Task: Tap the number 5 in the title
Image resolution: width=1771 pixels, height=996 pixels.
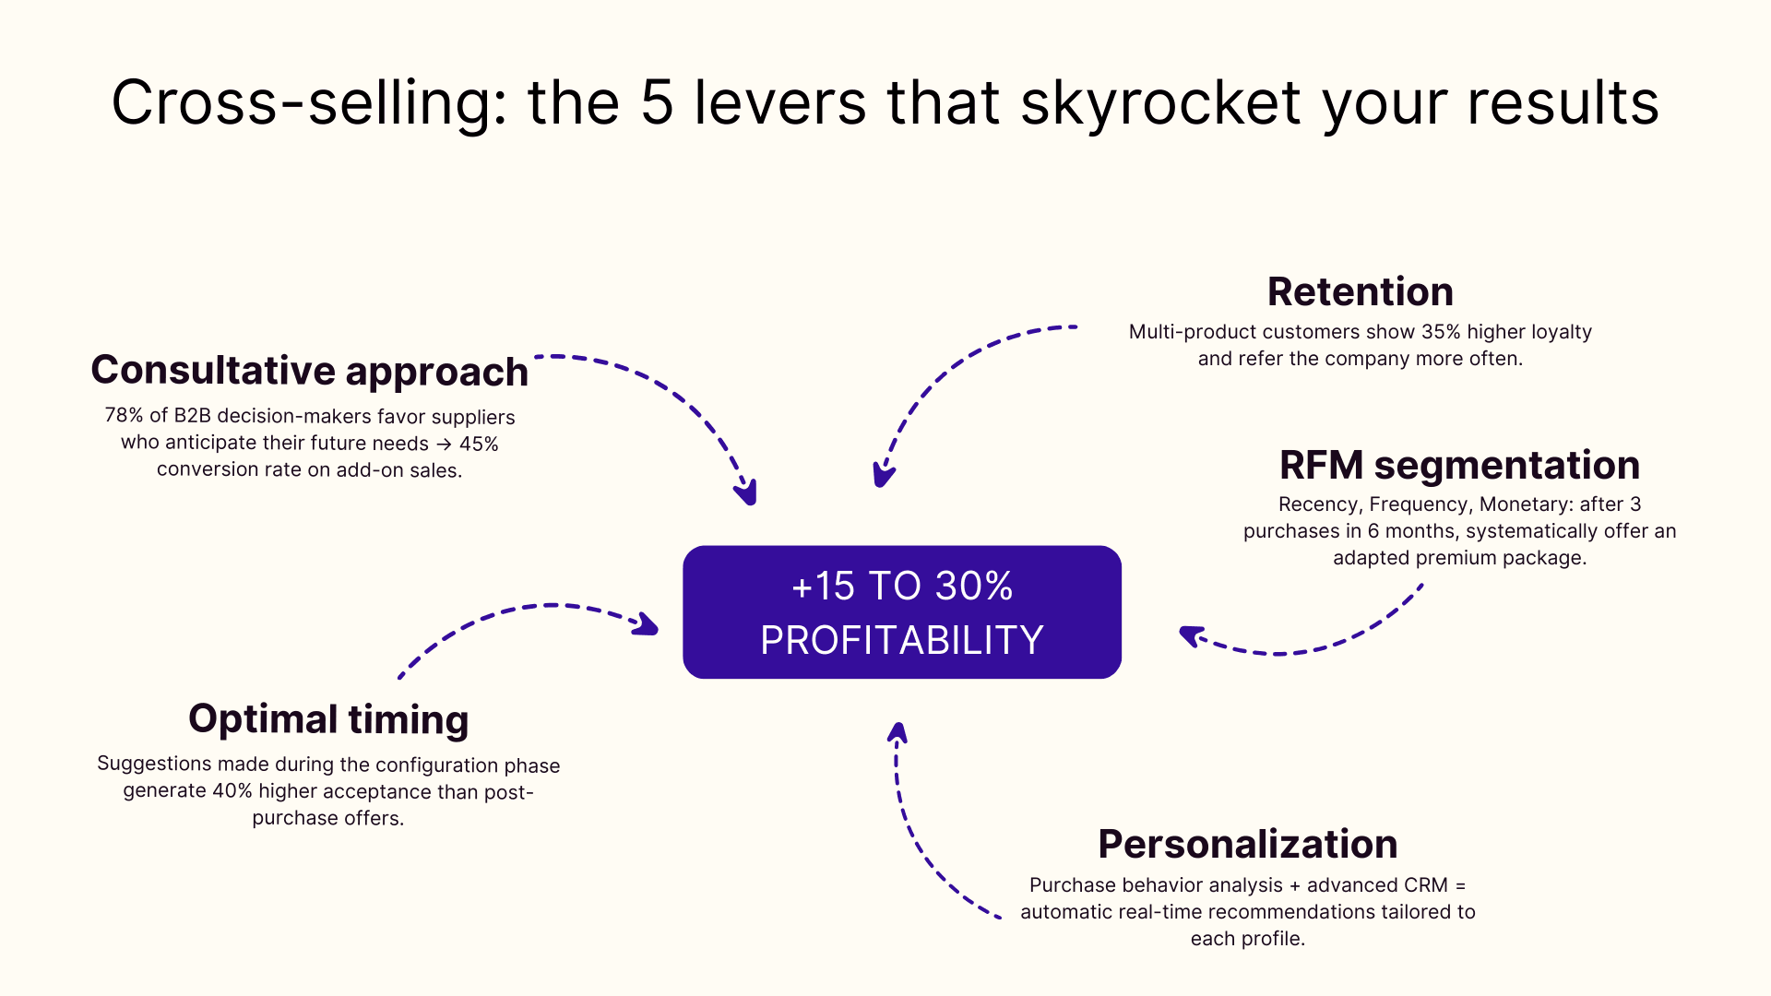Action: tap(657, 102)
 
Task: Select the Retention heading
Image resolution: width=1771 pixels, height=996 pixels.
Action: tap(1360, 291)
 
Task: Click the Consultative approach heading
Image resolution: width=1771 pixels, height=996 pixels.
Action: tap(309, 371)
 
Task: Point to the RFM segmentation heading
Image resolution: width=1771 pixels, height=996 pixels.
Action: tap(1459, 465)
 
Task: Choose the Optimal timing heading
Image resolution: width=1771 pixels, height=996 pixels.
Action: tap(328, 719)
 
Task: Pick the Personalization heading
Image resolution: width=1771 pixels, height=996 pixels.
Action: tap(1247, 844)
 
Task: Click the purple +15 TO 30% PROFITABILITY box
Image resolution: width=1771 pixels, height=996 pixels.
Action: tap(901, 612)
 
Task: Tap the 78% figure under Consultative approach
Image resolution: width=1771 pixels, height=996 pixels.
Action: tap(124, 416)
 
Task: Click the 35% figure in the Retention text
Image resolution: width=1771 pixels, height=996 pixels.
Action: tap(1441, 332)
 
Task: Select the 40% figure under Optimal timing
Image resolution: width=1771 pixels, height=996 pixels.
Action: tap(232, 791)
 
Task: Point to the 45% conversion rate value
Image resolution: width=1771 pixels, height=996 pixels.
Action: tap(479, 444)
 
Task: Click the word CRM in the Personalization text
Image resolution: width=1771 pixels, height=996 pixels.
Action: tap(1425, 885)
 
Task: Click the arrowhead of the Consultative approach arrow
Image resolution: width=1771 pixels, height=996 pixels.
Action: tap(748, 494)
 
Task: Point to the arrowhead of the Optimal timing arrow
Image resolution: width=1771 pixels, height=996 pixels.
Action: tap(648, 625)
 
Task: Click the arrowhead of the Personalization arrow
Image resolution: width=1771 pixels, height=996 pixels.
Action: tap(897, 732)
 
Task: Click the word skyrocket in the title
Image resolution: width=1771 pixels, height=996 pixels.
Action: tap(1160, 102)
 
